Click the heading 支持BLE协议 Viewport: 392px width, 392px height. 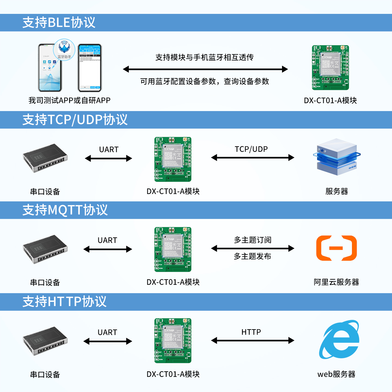tap(59, 23)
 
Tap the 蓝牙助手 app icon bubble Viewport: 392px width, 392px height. tap(64, 50)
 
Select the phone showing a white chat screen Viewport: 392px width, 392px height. tap(90, 68)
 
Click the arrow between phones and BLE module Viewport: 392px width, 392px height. tap(205, 69)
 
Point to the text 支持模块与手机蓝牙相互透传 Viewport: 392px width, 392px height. tap(204, 57)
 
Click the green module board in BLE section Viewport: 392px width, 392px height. tap(330, 68)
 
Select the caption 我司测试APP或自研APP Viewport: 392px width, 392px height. tap(69, 100)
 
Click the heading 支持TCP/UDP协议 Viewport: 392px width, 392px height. tap(75, 120)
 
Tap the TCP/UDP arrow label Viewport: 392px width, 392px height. tap(251, 149)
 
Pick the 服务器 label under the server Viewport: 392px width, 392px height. tap(337, 191)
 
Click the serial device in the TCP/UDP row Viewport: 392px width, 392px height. tap(45, 158)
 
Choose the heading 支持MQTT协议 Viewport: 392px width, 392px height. tap(65, 210)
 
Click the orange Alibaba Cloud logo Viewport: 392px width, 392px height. tap(336, 248)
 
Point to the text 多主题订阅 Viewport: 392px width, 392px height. tap(253, 240)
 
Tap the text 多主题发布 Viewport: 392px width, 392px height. tap(252, 256)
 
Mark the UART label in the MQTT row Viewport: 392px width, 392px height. tap(107, 240)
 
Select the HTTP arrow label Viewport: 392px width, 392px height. tap(251, 332)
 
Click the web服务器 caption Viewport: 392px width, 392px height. tap(336, 374)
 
